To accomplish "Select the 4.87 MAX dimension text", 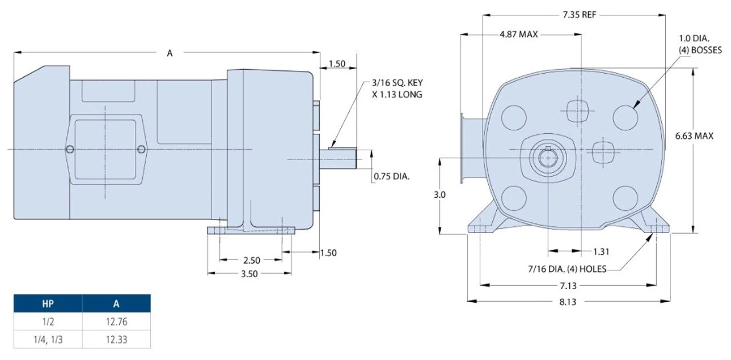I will tap(519, 34).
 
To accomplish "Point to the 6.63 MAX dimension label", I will tap(694, 136).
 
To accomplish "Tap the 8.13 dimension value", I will tap(567, 302).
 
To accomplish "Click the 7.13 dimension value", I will tap(567, 285).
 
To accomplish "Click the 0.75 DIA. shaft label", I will tap(392, 177).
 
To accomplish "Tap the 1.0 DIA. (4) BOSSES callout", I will tap(700, 44).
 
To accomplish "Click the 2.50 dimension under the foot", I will tap(252, 261).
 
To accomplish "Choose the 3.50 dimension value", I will tap(250, 274).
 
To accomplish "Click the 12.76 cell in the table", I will tap(117, 322).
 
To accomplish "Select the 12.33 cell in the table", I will tap(117, 339).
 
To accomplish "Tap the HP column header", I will tap(48, 303).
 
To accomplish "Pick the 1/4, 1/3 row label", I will tap(48, 339).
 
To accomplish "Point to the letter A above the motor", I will tap(170, 53).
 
